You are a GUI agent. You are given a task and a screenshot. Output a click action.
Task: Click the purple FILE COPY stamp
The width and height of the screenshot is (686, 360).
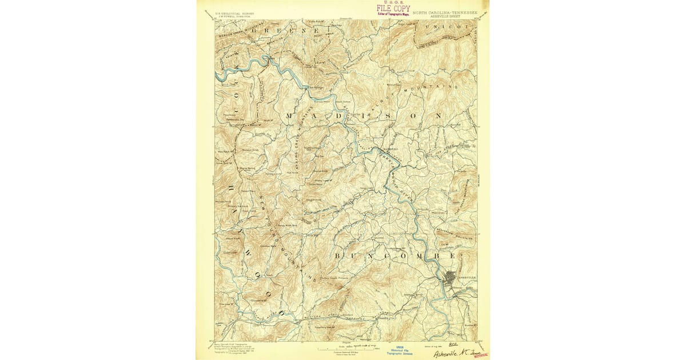point(393,9)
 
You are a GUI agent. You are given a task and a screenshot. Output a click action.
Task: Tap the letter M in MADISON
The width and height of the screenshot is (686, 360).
point(289,116)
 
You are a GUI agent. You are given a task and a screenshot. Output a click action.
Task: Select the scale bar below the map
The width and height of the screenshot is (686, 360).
point(342,347)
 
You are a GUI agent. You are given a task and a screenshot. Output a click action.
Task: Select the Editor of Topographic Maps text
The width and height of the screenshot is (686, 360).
point(393,14)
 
